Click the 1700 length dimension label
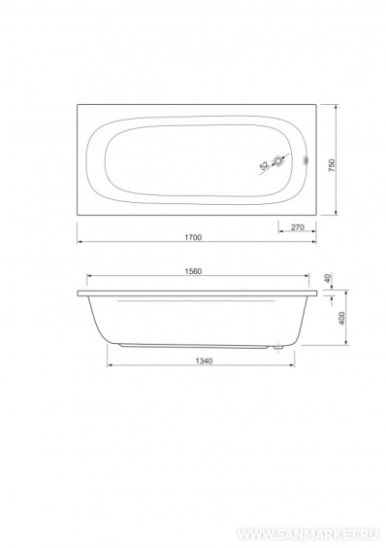[193, 237]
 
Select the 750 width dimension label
[332, 165]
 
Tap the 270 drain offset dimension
[298, 227]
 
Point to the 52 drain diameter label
[265, 165]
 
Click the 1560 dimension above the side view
[193, 271]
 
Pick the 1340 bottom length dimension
[204, 361]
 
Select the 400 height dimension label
[342, 318]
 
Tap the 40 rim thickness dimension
[328, 279]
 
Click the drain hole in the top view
[278, 161]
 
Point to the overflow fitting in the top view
[306, 161]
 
